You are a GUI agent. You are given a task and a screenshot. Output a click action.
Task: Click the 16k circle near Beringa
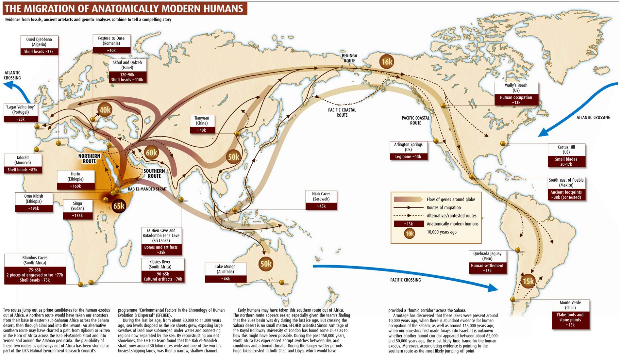pos(387,62)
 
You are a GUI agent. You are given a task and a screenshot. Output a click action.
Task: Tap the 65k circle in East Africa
pos(118,206)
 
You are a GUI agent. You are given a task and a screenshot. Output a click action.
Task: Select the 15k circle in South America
pos(528,281)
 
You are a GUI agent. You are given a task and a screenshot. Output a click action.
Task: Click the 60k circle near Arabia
pos(151,153)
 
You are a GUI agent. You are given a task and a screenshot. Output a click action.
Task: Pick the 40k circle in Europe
pos(105,110)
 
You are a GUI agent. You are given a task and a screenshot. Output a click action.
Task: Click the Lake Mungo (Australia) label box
pos(226,273)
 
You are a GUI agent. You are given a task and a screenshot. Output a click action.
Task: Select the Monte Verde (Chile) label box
pos(570,314)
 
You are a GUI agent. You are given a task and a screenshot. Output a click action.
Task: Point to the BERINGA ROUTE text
pos(349,58)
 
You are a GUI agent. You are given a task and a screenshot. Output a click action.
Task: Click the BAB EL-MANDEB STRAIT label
pos(147,189)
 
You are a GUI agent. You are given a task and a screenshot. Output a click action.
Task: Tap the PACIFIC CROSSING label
pos(405,280)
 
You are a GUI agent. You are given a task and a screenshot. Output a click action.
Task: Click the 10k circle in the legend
pos(409,233)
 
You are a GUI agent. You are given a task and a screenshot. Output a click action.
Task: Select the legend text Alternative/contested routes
pos(451,216)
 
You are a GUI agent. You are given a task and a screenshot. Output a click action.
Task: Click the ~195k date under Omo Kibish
pos(34,208)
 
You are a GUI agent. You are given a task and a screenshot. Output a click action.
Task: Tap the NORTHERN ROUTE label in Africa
pos(89,158)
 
